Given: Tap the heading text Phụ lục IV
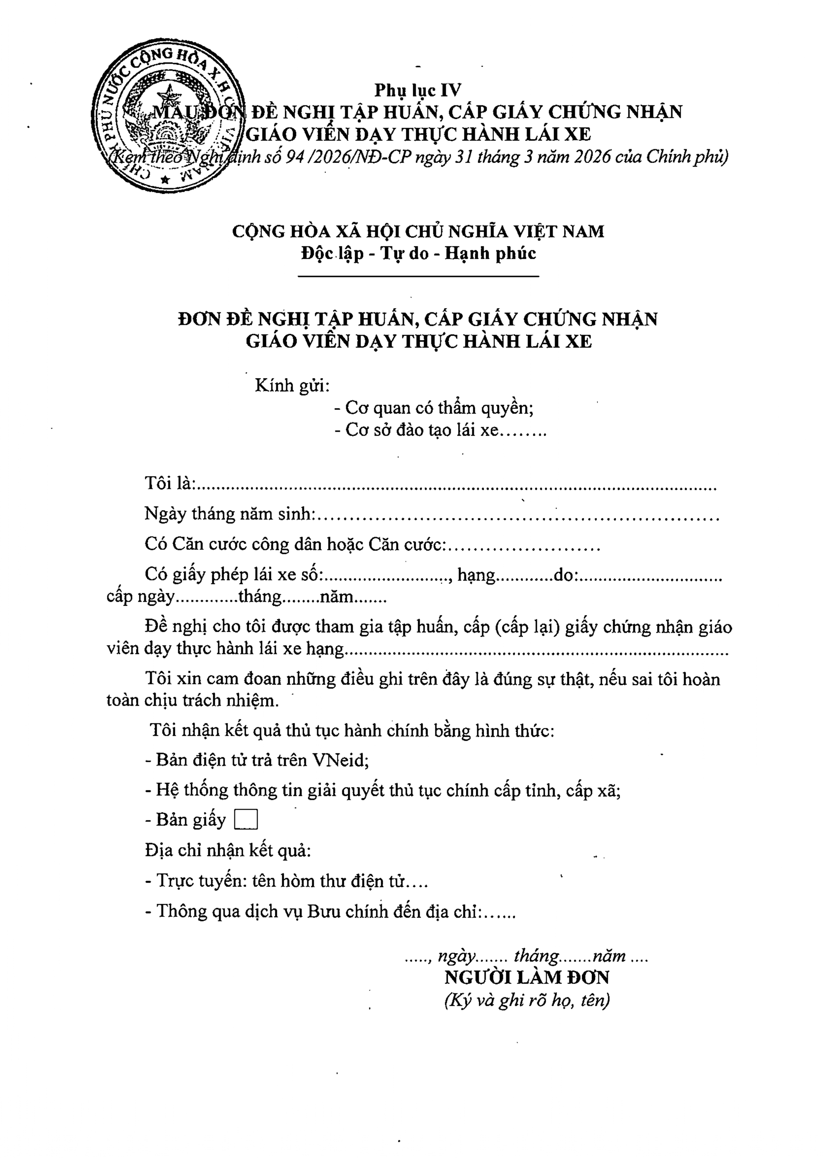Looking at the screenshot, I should click(418, 90).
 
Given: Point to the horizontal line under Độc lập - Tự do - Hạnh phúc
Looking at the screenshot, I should click(418, 276).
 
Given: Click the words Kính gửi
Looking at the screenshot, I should click(292, 385).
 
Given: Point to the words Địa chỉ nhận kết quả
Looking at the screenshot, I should click(228, 850).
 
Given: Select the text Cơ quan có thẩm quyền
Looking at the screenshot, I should click(439, 407).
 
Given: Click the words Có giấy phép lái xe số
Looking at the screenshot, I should click(234, 574).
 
